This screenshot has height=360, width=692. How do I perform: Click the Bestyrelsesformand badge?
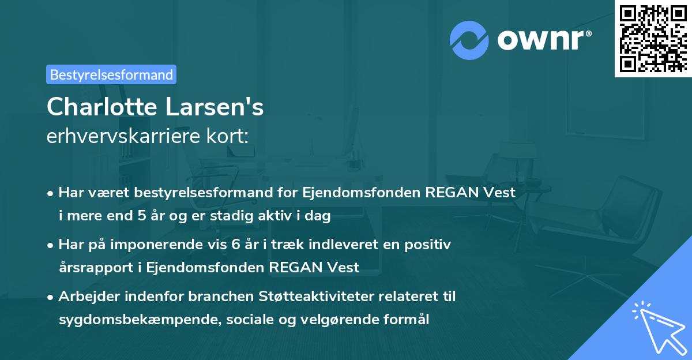coord(111,74)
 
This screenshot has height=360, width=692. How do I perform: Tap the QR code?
coord(652,38)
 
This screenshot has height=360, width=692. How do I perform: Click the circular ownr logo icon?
coord(469,40)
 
